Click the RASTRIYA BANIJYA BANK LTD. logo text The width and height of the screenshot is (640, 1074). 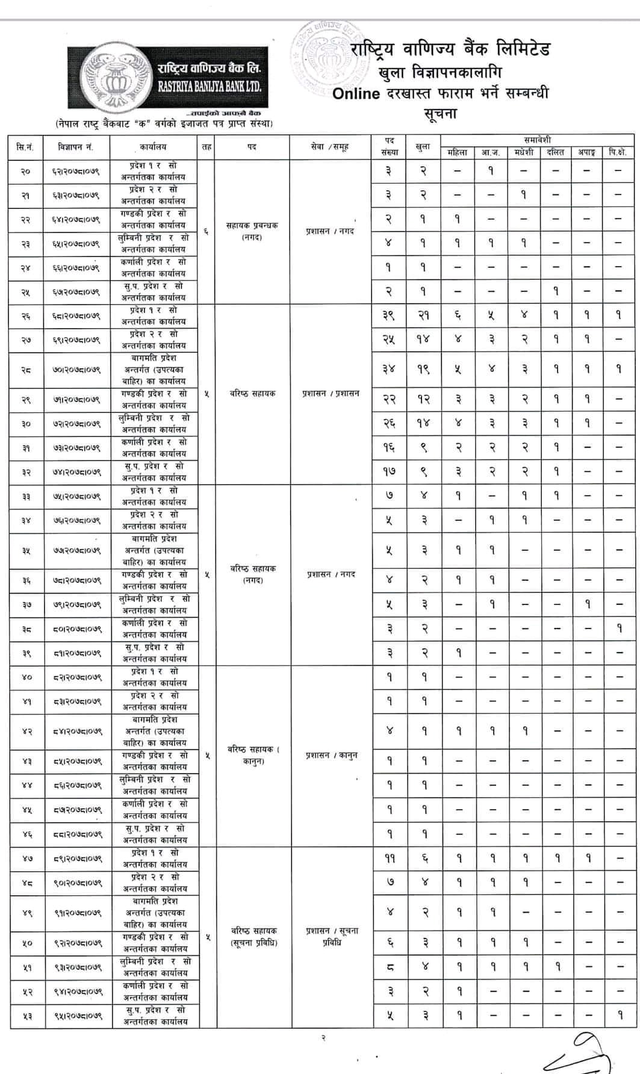pyautogui.click(x=210, y=87)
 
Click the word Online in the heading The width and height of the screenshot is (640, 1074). pyautogui.click(x=356, y=94)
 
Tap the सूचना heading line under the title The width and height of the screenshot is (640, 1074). pyautogui.click(x=441, y=113)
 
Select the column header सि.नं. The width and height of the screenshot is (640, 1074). pyautogui.click(x=26, y=147)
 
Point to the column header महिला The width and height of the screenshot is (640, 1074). pyautogui.click(x=457, y=153)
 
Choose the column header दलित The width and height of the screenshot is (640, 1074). pyautogui.click(x=555, y=153)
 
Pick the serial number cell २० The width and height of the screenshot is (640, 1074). pyautogui.click(x=26, y=172)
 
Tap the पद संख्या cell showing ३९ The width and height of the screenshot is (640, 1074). pyautogui.click(x=390, y=316)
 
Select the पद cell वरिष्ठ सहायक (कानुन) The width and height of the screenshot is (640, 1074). pyautogui.click(x=253, y=755)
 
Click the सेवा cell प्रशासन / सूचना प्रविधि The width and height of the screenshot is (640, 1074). pyautogui.click(x=332, y=936)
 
